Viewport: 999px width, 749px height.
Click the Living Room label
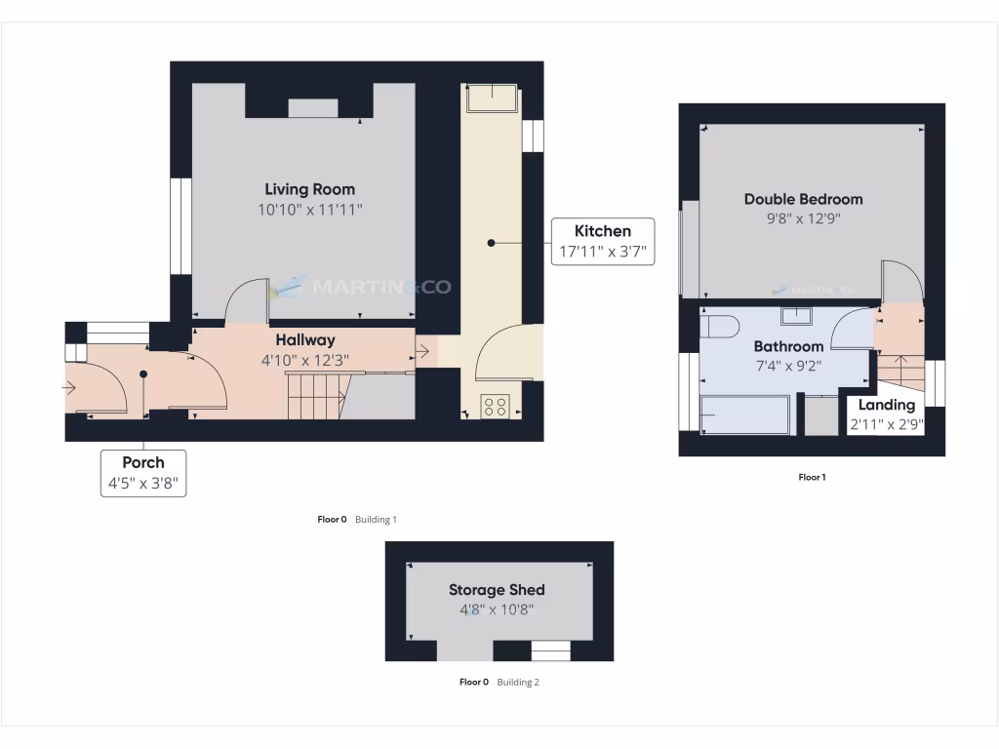point(310,189)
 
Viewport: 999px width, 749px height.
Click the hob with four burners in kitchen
point(495,407)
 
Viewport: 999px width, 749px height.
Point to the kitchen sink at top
point(492,99)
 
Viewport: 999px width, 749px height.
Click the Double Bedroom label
point(803,199)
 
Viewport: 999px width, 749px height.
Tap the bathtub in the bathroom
point(745,414)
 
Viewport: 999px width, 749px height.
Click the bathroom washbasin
point(798,315)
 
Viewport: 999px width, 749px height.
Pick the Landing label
point(887,405)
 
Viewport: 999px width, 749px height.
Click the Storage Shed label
point(497,590)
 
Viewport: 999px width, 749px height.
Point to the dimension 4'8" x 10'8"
point(497,611)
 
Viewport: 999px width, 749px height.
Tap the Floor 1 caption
point(812,478)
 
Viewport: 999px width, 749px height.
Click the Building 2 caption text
point(517,683)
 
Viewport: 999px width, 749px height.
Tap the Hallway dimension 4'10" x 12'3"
point(304,360)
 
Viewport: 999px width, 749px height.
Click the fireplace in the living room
point(313,107)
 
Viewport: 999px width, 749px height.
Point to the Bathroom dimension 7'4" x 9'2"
point(788,367)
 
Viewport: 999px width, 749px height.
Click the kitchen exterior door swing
point(505,353)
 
